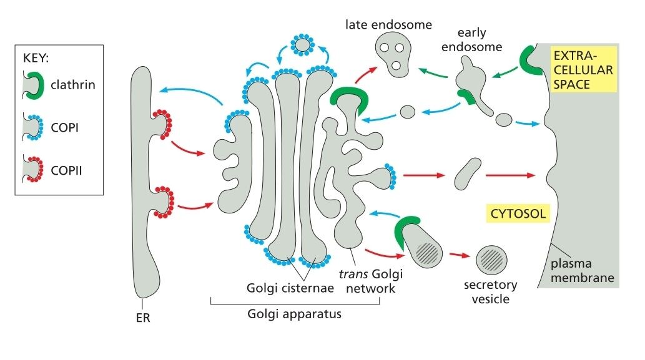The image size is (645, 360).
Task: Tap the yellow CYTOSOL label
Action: (516, 214)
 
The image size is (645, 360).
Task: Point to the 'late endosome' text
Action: (388, 25)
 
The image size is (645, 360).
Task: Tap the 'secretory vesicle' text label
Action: (491, 292)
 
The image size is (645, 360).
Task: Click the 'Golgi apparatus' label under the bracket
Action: (295, 313)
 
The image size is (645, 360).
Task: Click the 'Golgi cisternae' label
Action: (279, 288)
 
